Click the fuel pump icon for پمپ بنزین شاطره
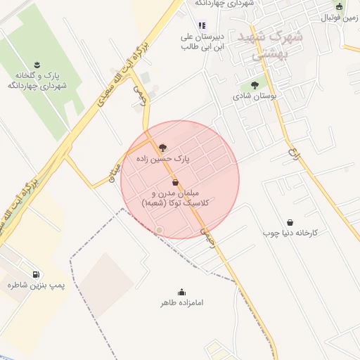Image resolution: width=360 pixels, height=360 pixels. pos(35,274)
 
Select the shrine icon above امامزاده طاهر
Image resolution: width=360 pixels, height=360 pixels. pos(181,292)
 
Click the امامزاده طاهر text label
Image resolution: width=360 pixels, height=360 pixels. pos(181,303)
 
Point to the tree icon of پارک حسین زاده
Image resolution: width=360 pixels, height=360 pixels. pos(163,148)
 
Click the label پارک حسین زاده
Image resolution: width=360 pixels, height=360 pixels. pos(163,160)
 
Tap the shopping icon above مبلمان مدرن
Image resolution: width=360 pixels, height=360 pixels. pos(175,181)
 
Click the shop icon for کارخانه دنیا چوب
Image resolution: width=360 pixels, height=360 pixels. pos(290,221)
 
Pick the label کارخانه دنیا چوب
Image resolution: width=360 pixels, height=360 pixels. pos(291,232)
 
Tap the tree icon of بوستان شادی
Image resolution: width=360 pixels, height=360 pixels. pos(255,85)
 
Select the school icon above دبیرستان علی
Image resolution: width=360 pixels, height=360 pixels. pos(202,25)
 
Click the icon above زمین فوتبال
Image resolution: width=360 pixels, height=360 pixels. pos(339,6)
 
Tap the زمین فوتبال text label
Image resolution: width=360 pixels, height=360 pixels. pos(339,17)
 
